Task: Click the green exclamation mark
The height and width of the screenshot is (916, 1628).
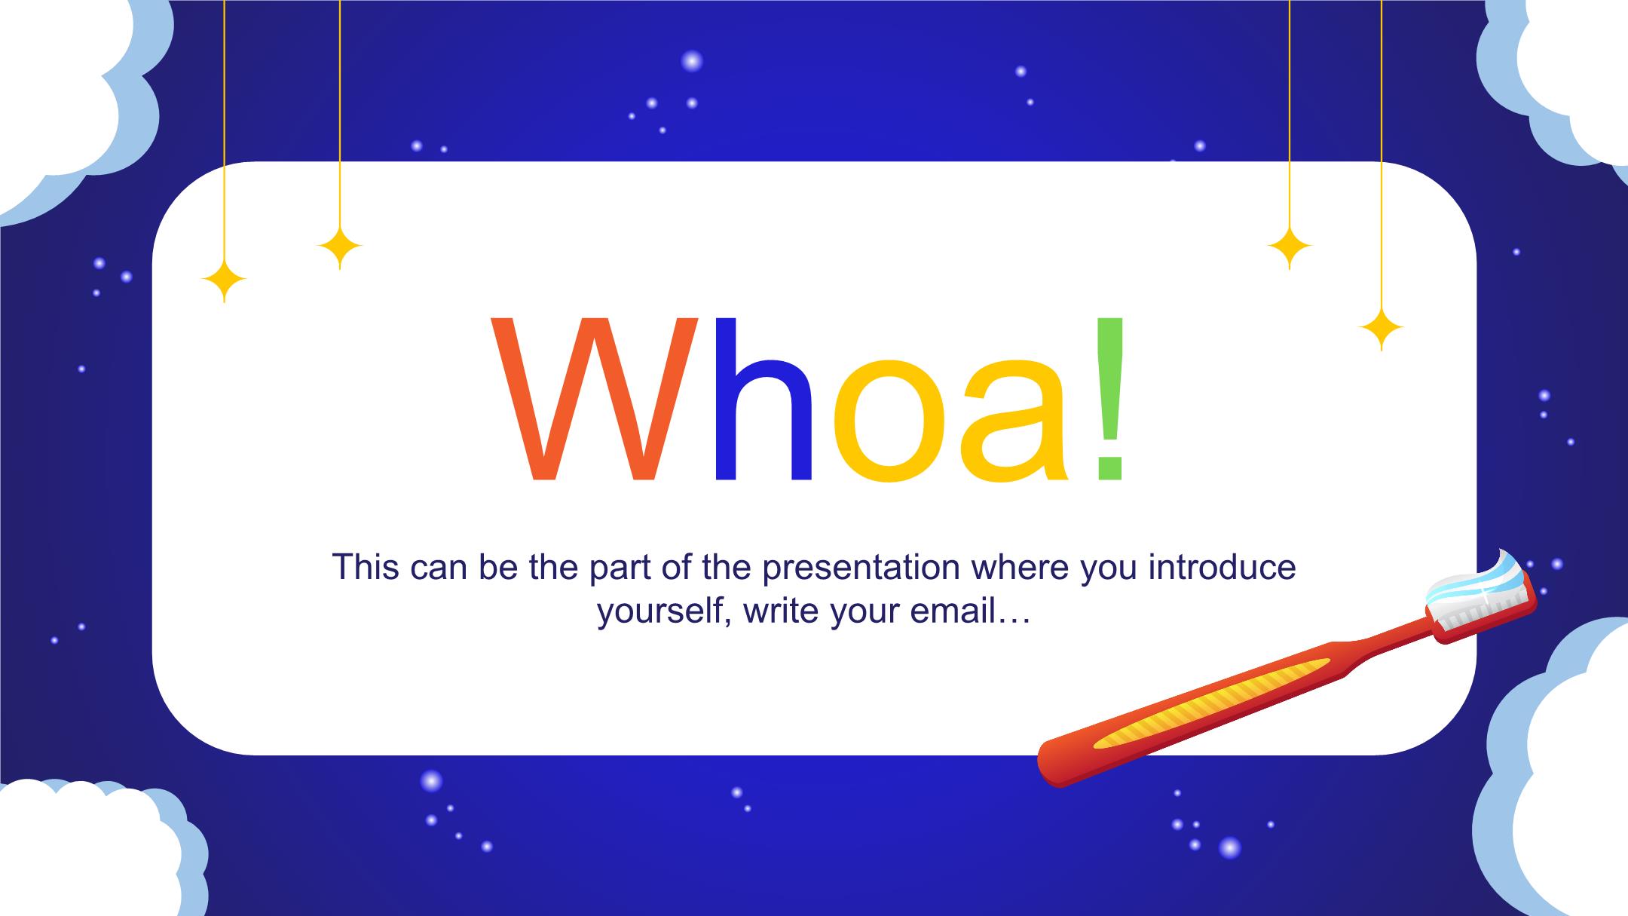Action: pos(1110,400)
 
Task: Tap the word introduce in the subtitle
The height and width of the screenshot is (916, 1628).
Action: pos(1222,567)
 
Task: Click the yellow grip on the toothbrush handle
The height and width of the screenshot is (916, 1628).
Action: pos(1210,703)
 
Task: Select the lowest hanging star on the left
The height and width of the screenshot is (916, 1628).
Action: pos(224,280)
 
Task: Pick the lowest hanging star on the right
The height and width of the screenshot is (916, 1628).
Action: pos(1381,329)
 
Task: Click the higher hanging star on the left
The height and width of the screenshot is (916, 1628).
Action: pos(340,247)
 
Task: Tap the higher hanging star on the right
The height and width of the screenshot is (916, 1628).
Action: pos(1290,247)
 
